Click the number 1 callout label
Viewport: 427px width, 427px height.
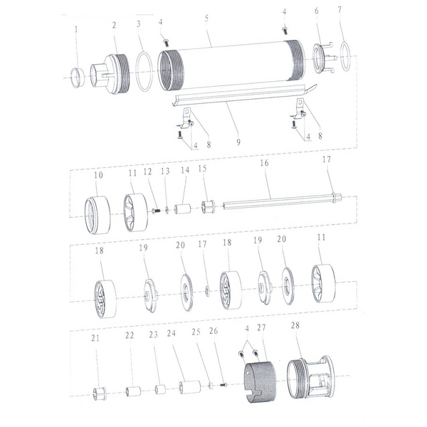coord(76,29)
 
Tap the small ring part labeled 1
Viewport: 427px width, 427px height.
coord(78,78)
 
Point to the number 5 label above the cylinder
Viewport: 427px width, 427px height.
coord(206,19)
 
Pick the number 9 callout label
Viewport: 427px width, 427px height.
coord(238,142)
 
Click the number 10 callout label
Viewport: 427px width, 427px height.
coord(99,175)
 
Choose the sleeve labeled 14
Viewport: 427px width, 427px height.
coord(182,209)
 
